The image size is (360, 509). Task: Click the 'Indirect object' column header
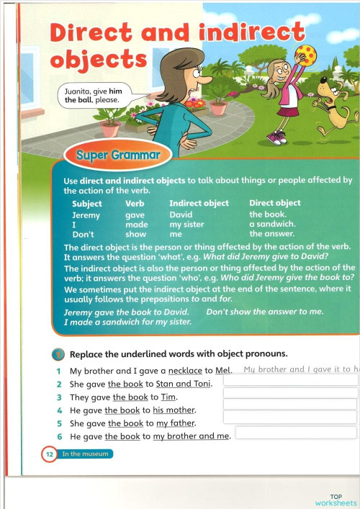pyautogui.click(x=199, y=203)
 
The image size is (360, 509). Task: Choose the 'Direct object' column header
pyautogui.click(x=275, y=203)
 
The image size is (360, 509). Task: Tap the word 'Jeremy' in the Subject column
pyautogui.click(x=86, y=215)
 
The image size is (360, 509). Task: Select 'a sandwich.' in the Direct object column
pyautogui.click(x=273, y=224)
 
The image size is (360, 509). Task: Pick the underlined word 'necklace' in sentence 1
pyautogui.click(x=185, y=371)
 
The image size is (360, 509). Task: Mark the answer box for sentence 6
pyautogui.click(x=296, y=433)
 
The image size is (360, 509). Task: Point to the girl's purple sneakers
pyautogui.click(x=276, y=136)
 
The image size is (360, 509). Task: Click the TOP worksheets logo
pyautogui.click(x=336, y=500)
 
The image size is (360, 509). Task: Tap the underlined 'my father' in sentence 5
pyautogui.click(x=176, y=423)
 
